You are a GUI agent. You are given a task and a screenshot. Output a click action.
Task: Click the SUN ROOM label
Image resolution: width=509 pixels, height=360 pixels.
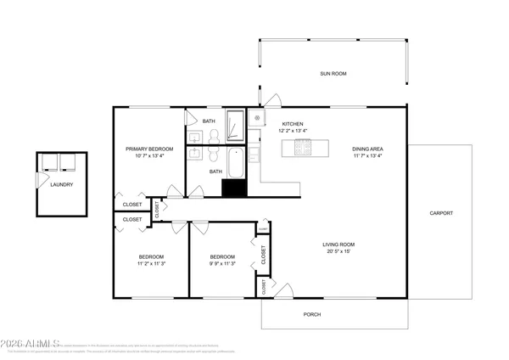(333, 74)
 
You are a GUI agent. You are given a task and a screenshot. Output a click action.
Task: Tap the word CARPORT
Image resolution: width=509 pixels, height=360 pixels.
(441, 213)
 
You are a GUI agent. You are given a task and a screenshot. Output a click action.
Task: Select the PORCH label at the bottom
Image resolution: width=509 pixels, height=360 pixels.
(312, 315)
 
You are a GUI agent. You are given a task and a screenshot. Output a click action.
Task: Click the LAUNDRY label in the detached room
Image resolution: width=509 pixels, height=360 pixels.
(61, 185)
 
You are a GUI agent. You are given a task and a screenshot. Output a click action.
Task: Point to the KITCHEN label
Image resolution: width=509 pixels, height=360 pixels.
(293, 124)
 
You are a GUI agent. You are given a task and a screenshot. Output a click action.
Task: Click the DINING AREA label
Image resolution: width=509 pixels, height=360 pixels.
(367, 149)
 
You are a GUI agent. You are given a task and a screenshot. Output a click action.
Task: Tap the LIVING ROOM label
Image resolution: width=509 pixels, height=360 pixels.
(337, 245)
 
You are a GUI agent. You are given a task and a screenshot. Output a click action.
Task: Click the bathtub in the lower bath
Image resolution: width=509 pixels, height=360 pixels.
(235, 161)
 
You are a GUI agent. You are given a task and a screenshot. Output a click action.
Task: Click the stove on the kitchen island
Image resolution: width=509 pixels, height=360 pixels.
(304, 149)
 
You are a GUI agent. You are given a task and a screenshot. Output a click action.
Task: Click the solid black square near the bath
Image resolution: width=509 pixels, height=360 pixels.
(232, 188)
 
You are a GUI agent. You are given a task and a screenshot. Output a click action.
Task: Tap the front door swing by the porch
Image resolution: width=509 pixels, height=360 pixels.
(286, 290)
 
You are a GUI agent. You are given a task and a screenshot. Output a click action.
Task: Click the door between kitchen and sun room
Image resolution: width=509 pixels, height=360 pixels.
(261, 99)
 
